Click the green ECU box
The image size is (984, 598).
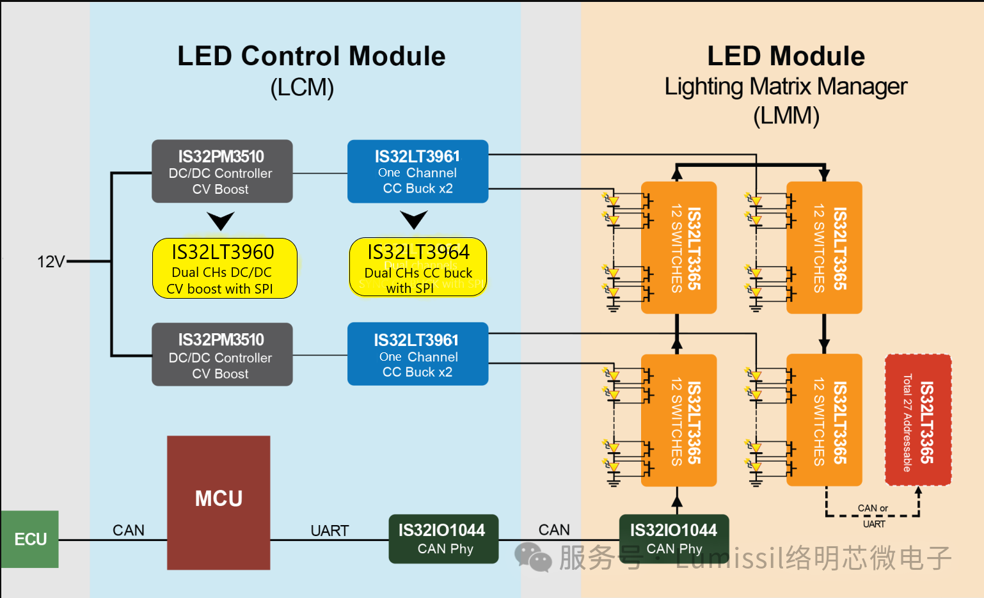pyautogui.click(x=30, y=539)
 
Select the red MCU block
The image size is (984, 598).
pyautogui.click(x=218, y=502)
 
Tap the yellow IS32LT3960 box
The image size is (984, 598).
pyautogui.click(x=225, y=269)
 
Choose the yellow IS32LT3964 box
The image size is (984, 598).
pyautogui.click(x=418, y=267)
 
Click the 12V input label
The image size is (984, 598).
pyautogui.click(x=51, y=262)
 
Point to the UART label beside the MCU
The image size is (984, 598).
pyautogui.click(x=329, y=531)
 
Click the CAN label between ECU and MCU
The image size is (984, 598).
pyautogui.click(x=129, y=530)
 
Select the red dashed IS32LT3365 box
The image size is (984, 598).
pyautogui.click(x=917, y=420)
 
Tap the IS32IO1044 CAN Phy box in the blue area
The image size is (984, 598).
pyautogui.click(x=443, y=539)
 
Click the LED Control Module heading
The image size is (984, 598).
pyautogui.click(x=311, y=56)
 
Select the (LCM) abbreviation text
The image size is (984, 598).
pyautogui.click(x=302, y=88)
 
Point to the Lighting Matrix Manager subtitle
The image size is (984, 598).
pyautogui.click(x=786, y=86)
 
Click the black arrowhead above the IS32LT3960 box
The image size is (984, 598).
pyautogui.click(x=221, y=221)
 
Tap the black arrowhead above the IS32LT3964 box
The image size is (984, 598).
pyautogui.click(x=414, y=220)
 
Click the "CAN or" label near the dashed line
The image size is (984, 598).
pyautogui.click(x=873, y=508)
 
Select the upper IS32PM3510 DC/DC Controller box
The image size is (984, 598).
pyautogui.click(x=222, y=171)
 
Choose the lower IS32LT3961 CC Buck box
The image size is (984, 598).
pyautogui.click(x=418, y=354)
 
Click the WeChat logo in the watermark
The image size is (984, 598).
pyautogui.click(x=532, y=557)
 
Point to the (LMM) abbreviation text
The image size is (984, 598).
pyautogui.click(x=786, y=116)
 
